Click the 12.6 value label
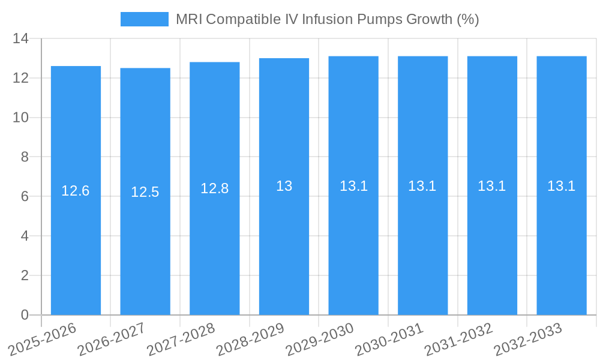pos(76,191)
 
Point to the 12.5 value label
pos(145,192)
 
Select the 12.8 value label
pos(214,188)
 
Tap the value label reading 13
pos(284,186)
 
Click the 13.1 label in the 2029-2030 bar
pos(353,186)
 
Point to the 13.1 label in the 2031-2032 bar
pos(492,186)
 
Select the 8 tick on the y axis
pos(25,157)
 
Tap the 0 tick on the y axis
pos(25,315)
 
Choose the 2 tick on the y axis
pos(25,275)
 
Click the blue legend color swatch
pos(145,19)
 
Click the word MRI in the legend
pos(188,19)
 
